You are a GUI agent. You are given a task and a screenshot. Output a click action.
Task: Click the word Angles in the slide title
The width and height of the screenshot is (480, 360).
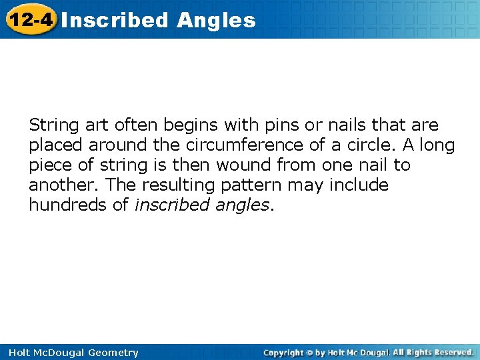pyautogui.click(x=216, y=20)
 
